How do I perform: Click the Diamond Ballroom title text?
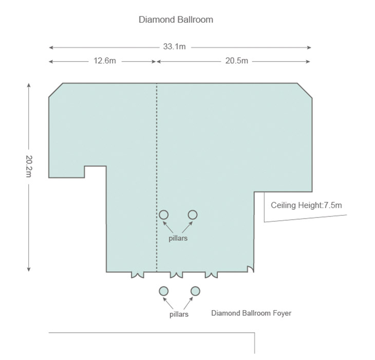point(176,20)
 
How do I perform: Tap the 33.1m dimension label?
point(174,46)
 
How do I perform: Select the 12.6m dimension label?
point(105,61)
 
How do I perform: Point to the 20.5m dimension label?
point(236,61)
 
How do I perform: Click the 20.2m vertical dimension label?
point(29,166)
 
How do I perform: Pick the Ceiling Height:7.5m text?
point(306,205)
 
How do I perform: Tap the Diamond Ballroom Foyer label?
point(251,313)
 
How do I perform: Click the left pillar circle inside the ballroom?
point(164,214)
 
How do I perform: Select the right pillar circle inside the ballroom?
point(193,214)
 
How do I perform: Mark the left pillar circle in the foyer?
point(163,291)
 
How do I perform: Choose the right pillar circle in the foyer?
point(195,291)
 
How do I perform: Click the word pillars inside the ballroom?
point(178,239)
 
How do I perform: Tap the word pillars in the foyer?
point(179,314)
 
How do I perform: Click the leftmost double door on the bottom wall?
point(138,276)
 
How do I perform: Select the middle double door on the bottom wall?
point(176,276)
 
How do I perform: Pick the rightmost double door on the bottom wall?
point(211,276)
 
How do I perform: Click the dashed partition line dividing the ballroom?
point(157,177)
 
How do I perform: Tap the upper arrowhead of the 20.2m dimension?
point(29,85)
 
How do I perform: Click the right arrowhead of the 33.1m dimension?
point(309,47)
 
